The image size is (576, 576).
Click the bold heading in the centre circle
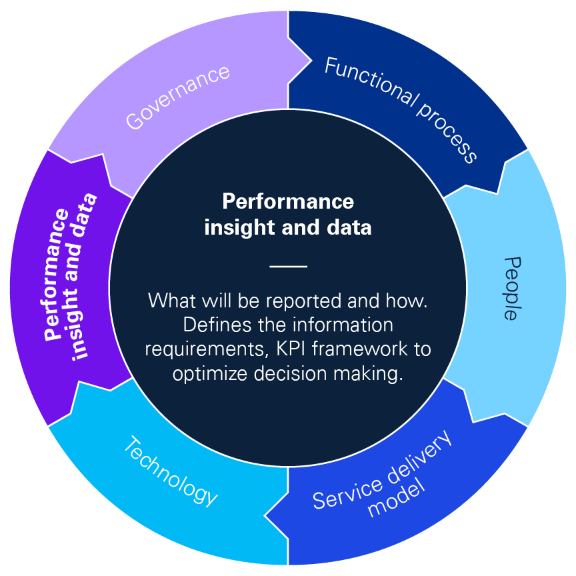pyautogui.click(x=288, y=214)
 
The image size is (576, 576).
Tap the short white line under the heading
pyautogui.click(x=288, y=266)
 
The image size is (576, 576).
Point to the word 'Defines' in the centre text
pyautogui.click(x=211, y=325)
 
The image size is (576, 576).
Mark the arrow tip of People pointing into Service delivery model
pyautogui.click(x=474, y=421)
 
